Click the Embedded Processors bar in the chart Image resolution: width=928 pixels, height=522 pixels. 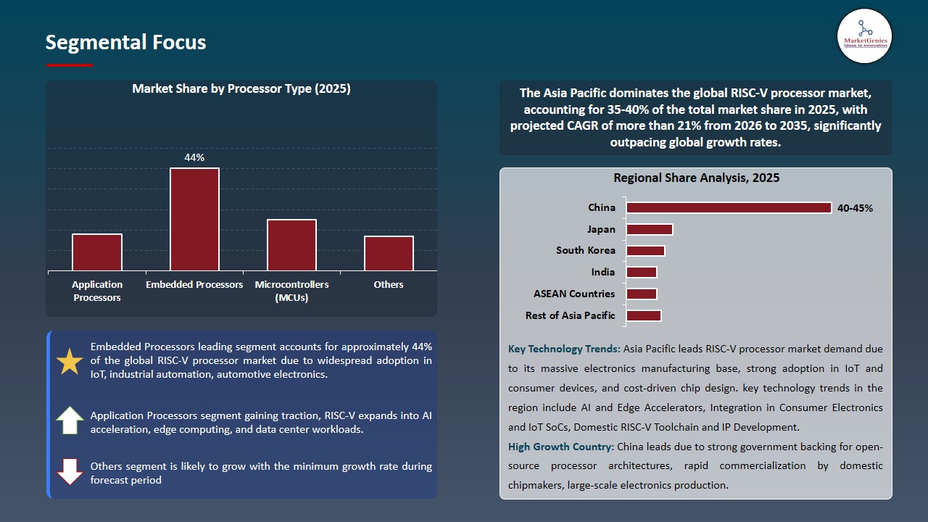(194, 219)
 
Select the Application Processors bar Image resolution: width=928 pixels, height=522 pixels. (97, 252)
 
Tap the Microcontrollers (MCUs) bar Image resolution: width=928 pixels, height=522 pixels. (291, 244)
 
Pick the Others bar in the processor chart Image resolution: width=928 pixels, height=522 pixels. (389, 253)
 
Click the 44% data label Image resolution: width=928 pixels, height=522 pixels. (194, 157)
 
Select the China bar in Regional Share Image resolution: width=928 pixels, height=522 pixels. (729, 208)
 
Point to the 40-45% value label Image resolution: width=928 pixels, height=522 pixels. (855, 208)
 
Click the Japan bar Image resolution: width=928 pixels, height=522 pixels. (650, 229)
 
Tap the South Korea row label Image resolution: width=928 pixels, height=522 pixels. (585, 250)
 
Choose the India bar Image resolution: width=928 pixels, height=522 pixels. (642, 272)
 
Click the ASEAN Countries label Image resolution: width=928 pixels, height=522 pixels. (573, 294)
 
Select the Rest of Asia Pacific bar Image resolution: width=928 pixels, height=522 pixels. (644, 315)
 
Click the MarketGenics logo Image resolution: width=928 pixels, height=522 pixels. (864, 36)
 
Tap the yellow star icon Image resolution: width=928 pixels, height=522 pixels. (70, 361)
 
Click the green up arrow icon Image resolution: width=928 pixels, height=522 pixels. (70, 420)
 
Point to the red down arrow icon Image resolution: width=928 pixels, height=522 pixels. (70, 471)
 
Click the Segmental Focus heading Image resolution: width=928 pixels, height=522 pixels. (125, 42)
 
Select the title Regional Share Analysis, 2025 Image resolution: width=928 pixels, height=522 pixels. (696, 178)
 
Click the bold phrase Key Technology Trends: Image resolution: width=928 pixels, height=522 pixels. (564, 349)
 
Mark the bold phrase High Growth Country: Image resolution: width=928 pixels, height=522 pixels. (561, 447)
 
